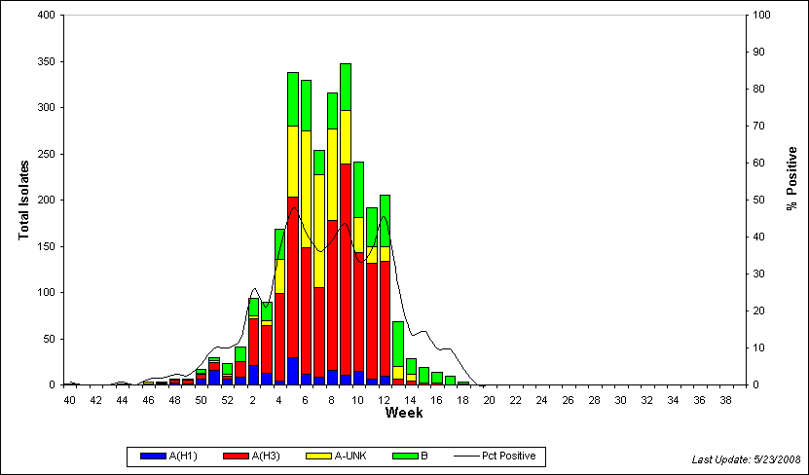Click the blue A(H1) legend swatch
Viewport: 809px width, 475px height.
point(153,456)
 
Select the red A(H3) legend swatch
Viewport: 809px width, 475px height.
point(237,456)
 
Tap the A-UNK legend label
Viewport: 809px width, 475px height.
point(349,456)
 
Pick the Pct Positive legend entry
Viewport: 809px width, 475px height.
point(495,456)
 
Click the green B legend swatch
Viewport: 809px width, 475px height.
point(406,456)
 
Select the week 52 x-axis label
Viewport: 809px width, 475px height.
point(227,400)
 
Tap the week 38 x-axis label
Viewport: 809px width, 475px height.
point(726,400)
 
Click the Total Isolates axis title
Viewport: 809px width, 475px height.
point(23,201)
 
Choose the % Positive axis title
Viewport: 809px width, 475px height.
point(791,178)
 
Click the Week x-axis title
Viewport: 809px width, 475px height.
point(404,413)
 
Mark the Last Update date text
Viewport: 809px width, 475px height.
point(746,459)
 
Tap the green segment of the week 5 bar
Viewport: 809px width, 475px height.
point(293,99)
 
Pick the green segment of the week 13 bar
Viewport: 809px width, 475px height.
point(398,344)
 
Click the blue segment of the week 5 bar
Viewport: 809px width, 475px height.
point(293,371)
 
